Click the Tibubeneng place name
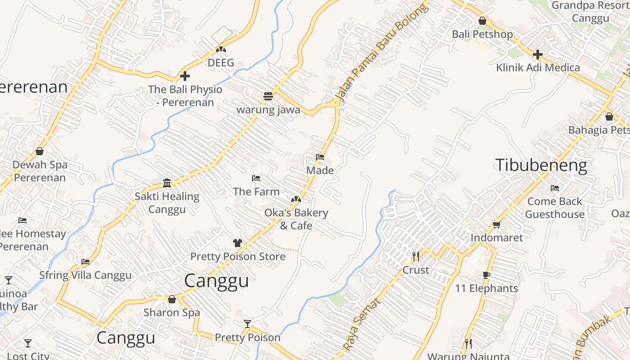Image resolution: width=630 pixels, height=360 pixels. click(541, 166)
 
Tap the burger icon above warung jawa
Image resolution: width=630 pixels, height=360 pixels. click(268, 96)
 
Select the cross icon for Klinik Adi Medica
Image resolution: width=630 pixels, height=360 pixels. click(537, 54)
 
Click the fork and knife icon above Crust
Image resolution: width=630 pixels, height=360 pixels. click(416, 256)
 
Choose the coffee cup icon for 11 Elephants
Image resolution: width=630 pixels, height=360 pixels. click(486, 275)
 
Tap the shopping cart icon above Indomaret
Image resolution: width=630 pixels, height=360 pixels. click(496, 225)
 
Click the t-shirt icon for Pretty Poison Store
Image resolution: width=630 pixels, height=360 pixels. click(238, 243)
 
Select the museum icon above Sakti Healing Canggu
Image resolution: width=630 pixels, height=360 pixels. click(167, 183)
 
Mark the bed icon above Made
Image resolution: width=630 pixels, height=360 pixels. click(320, 157)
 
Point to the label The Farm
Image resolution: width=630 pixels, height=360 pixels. click(256, 192)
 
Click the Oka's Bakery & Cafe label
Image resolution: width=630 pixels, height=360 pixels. click(296, 219)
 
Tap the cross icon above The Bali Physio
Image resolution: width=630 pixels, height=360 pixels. click(184, 76)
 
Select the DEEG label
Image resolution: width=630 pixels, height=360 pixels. click(220, 63)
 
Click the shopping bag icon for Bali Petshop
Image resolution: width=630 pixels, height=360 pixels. click(482, 21)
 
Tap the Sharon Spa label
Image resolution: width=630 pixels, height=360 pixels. click(171, 312)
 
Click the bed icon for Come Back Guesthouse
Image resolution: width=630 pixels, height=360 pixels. click(555, 188)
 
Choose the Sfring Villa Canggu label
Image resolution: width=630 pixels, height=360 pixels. click(85, 275)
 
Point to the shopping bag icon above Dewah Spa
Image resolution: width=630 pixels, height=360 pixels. click(40, 151)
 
